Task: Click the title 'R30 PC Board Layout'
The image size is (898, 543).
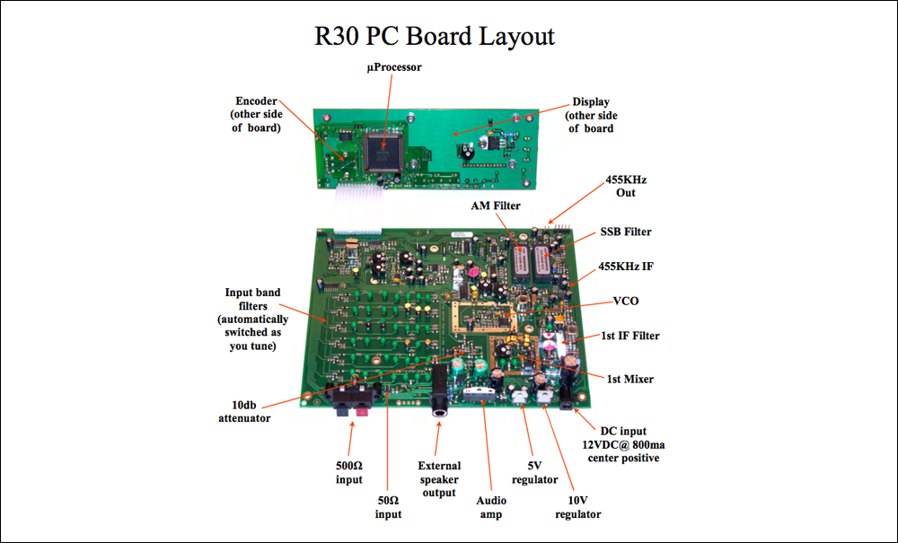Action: click(435, 36)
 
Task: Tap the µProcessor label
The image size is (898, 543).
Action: click(394, 67)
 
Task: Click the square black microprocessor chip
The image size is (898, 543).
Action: click(383, 151)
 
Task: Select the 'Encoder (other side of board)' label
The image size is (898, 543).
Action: click(256, 115)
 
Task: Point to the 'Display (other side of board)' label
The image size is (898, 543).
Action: click(591, 115)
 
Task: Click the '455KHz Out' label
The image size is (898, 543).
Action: click(626, 186)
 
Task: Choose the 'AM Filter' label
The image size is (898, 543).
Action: click(496, 206)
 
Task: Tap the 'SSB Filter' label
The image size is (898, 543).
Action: click(625, 232)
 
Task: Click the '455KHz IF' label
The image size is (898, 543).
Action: click(625, 267)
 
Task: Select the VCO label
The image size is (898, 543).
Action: click(625, 301)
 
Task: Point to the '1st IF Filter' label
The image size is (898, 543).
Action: click(630, 336)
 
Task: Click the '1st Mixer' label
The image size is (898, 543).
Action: click(630, 379)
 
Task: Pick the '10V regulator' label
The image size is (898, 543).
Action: click(577, 507)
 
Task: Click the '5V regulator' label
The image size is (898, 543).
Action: click(534, 473)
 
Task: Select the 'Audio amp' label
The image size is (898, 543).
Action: click(491, 507)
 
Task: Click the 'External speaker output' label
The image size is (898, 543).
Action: click(439, 479)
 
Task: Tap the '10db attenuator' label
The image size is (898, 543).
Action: click(244, 411)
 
